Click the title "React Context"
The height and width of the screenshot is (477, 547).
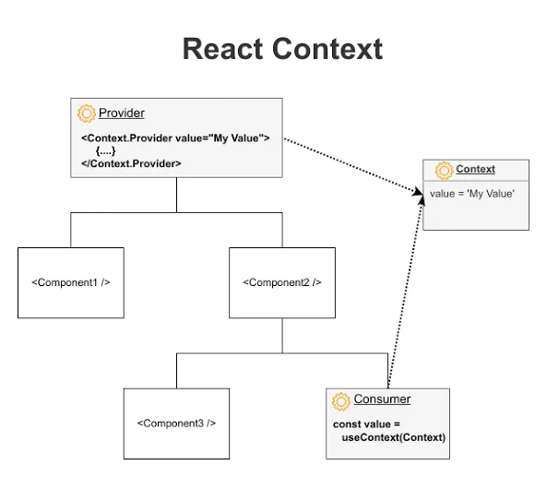click(x=282, y=49)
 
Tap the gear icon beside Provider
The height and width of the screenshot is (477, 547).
click(x=86, y=113)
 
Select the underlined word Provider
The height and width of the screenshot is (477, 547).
click(x=122, y=113)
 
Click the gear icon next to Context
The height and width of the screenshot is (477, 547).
click(x=444, y=171)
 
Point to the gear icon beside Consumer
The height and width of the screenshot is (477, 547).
click(x=340, y=401)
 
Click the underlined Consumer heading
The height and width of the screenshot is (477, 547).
click(x=382, y=399)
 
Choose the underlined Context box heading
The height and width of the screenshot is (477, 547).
click(x=475, y=169)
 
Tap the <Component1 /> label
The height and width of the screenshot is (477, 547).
click(x=71, y=282)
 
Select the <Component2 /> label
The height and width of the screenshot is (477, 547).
click(x=282, y=282)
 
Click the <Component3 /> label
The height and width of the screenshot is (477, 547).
click(x=176, y=423)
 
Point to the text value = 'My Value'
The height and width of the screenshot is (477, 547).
click(x=472, y=194)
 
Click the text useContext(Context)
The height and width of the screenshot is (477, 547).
click(x=394, y=437)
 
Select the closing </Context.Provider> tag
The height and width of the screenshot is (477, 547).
click(x=131, y=163)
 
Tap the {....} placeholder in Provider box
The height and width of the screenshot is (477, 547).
click(x=105, y=150)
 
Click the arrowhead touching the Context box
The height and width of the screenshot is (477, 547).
click(x=418, y=191)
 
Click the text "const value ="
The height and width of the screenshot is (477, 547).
click(x=366, y=424)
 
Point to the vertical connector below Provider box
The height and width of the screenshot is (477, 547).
click(x=176, y=195)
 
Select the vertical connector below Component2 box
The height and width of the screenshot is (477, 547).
click(x=282, y=335)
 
